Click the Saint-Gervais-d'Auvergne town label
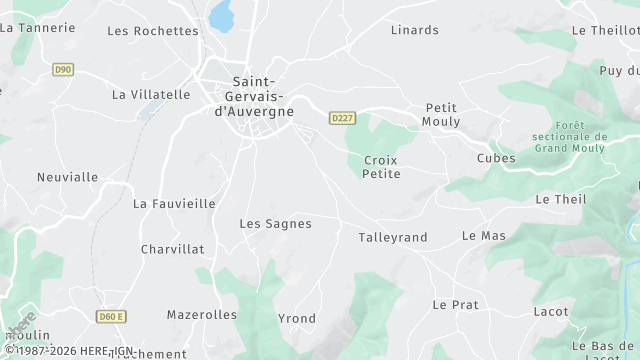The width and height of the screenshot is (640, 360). click(x=255, y=96)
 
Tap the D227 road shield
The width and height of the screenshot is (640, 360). click(x=342, y=118)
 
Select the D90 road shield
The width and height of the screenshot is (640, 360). click(x=63, y=69)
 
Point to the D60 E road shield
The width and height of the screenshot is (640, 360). click(x=112, y=317)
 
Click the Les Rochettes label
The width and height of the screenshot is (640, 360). click(x=153, y=31)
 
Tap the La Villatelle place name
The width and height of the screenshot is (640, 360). click(x=151, y=95)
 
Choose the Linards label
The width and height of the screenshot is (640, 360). click(x=415, y=30)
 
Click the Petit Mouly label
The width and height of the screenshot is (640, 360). click(x=442, y=114)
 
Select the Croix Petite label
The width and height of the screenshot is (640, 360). click(x=381, y=167)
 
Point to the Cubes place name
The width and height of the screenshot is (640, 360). click(x=496, y=158)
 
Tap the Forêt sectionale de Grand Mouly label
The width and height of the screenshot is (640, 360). click(x=570, y=137)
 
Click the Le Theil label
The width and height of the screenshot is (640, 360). click(x=561, y=199)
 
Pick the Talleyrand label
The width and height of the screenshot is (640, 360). click(x=393, y=237)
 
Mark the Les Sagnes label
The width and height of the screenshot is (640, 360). click(x=275, y=224)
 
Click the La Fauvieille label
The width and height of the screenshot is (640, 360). click(x=174, y=203)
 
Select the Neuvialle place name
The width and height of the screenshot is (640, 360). click(x=67, y=177)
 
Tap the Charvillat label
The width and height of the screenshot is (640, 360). click(x=172, y=249)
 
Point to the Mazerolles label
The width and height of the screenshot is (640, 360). click(x=202, y=314)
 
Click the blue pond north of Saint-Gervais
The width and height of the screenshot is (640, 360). click(x=220, y=15)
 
